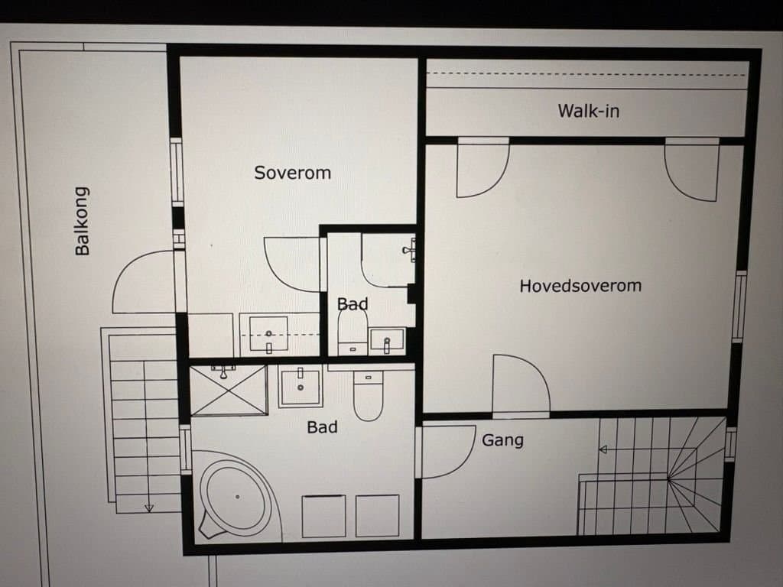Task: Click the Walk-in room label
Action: [x=588, y=111]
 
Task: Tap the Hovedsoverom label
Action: [x=580, y=286]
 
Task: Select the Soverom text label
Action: [x=292, y=173]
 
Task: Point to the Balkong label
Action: [x=82, y=221]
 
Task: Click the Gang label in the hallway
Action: [x=502, y=440]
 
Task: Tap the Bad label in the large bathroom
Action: [x=322, y=427]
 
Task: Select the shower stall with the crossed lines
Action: [x=228, y=390]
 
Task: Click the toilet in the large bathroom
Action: [x=368, y=395]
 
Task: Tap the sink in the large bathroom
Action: [x=300, y=388]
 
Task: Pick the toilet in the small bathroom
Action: [x=353, y=333]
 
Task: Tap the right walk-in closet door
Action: [x=691, y=170]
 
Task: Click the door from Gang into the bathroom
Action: [x=447, y=452]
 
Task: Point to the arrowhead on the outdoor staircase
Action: [x=149, y=508]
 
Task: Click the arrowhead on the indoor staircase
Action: [x=603, y=449]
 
